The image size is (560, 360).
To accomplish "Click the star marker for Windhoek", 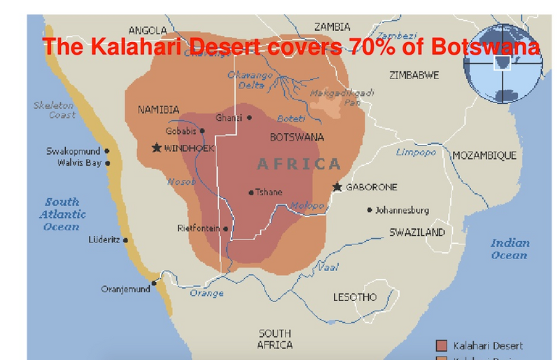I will tap(156, 148).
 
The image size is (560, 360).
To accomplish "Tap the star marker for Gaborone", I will tap(337, 187).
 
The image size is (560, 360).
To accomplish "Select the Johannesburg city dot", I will tap(370, 210).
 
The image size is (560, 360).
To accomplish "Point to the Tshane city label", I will tap(269, 192).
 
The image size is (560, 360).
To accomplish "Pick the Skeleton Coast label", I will tap(54, 110).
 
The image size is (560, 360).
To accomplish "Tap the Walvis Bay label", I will tap(79, 163).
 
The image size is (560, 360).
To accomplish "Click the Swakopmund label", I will tap(73, 151).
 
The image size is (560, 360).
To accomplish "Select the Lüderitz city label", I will tap(105, 240).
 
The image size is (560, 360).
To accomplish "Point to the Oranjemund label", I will tap(125, 289).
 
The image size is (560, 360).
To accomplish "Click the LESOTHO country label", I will tap(354, 297).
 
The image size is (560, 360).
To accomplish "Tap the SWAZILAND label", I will tap(417, 232).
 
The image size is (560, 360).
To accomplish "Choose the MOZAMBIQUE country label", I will tap(484, 155).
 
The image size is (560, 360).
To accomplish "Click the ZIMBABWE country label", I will tap(414, 75).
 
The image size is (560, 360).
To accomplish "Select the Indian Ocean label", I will tap(509, 249).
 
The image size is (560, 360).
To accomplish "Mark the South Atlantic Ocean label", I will tap(62, 214).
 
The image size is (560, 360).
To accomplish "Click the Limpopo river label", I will tap(416, 152).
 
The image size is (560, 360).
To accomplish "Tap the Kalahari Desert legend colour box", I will tap(441, 345).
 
